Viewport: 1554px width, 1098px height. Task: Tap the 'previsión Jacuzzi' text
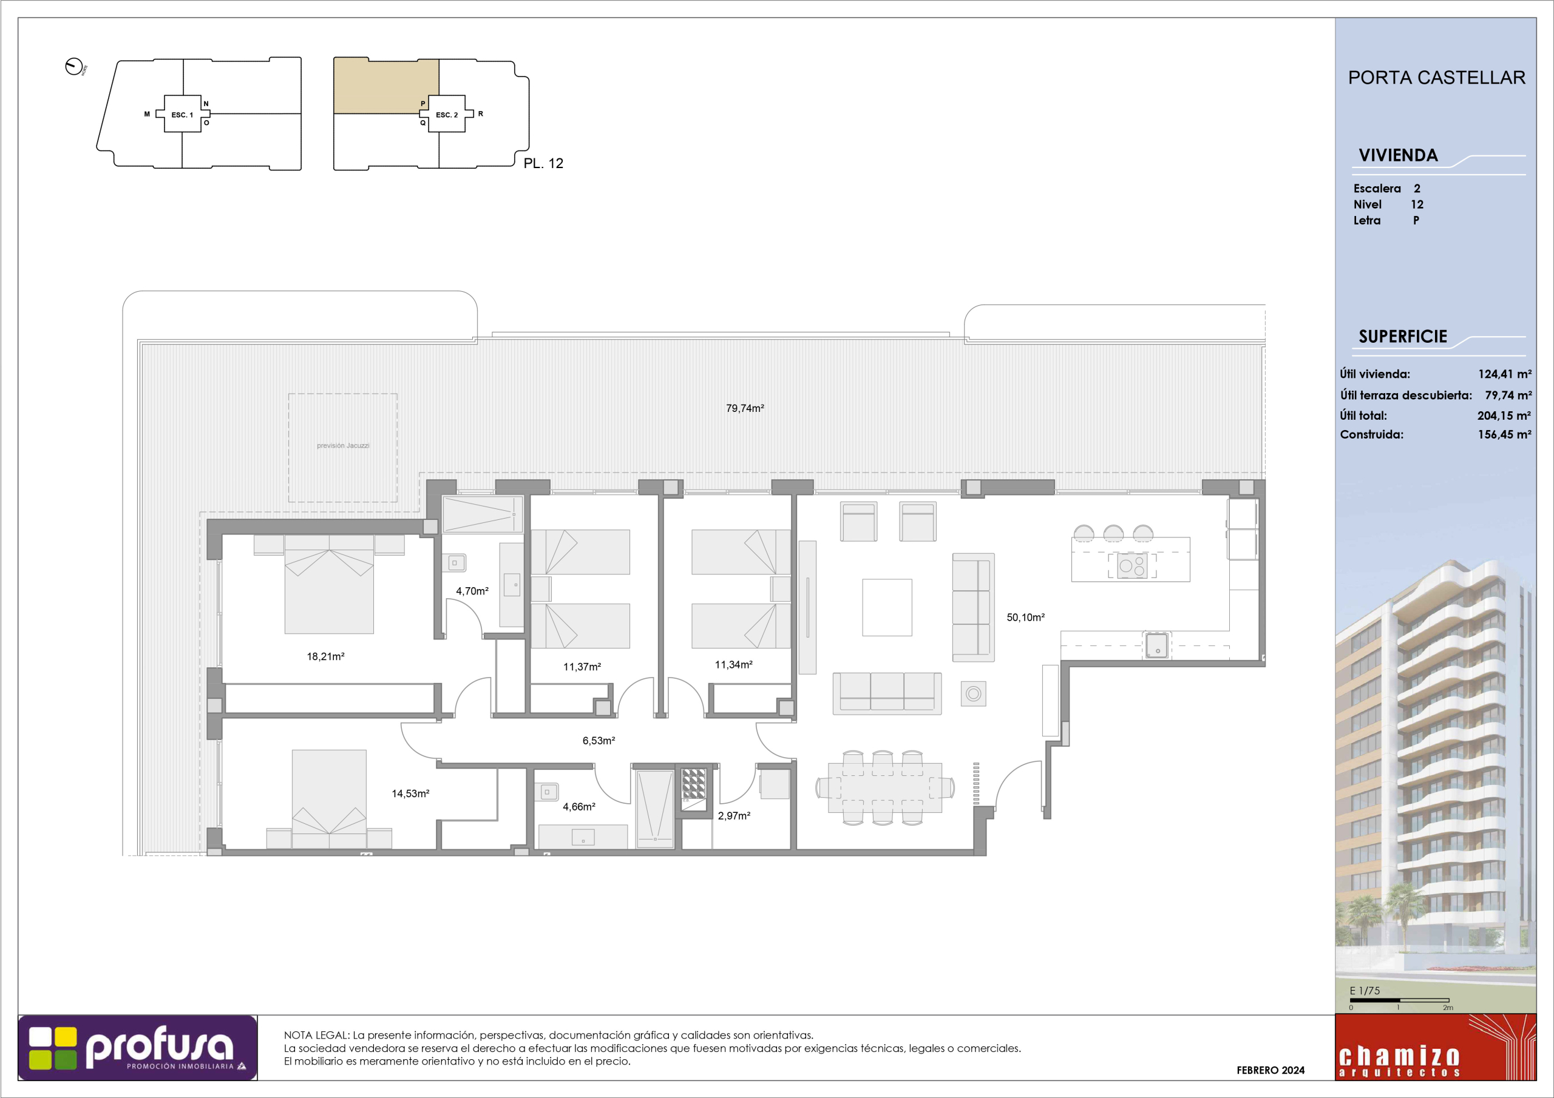pyautogui.click(x=343, y=445)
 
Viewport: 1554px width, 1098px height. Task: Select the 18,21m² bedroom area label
pyautogui.click(x=325, y=656)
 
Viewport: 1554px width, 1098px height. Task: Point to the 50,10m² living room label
pyautogui.click(x=1025, y=617)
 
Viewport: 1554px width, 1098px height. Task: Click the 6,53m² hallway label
pyautogui.click(x=599, y=741)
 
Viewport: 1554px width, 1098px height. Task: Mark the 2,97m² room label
pyautogui.click(x=734, y=816)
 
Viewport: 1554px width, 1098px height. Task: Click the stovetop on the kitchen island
pyautogui.click(x=1132, y=565)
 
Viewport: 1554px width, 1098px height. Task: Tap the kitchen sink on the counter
pyautogui.click(x=1157, y=645)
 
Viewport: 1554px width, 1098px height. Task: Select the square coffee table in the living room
pyautogui.click(x=887, y=607)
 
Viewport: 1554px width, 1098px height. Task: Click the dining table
pyautogui.click(x=885, y=787)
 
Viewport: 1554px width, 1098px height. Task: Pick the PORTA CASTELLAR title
pyautogui.click(x=1437, y=77)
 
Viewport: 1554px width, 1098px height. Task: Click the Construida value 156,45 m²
pyautogui.click(x=1504, y=434)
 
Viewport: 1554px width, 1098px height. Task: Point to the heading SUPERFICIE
pyautogui.click(x=1402, y=336)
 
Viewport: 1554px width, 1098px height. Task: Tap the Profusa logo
pyautogui.click(x=137, y=1047)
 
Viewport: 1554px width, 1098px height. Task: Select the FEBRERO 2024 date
pyautogui.click(x=1271, y=1070)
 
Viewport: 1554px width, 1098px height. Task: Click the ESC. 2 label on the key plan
pyautogui.click(x=447, y=115)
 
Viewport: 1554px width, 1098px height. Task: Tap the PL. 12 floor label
pyautogui.click(x=543, y=163)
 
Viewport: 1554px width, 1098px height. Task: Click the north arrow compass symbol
pyautogui.click(x=74, y=67)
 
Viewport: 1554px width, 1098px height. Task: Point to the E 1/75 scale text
pyautogui.click(x=1365, y=991)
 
